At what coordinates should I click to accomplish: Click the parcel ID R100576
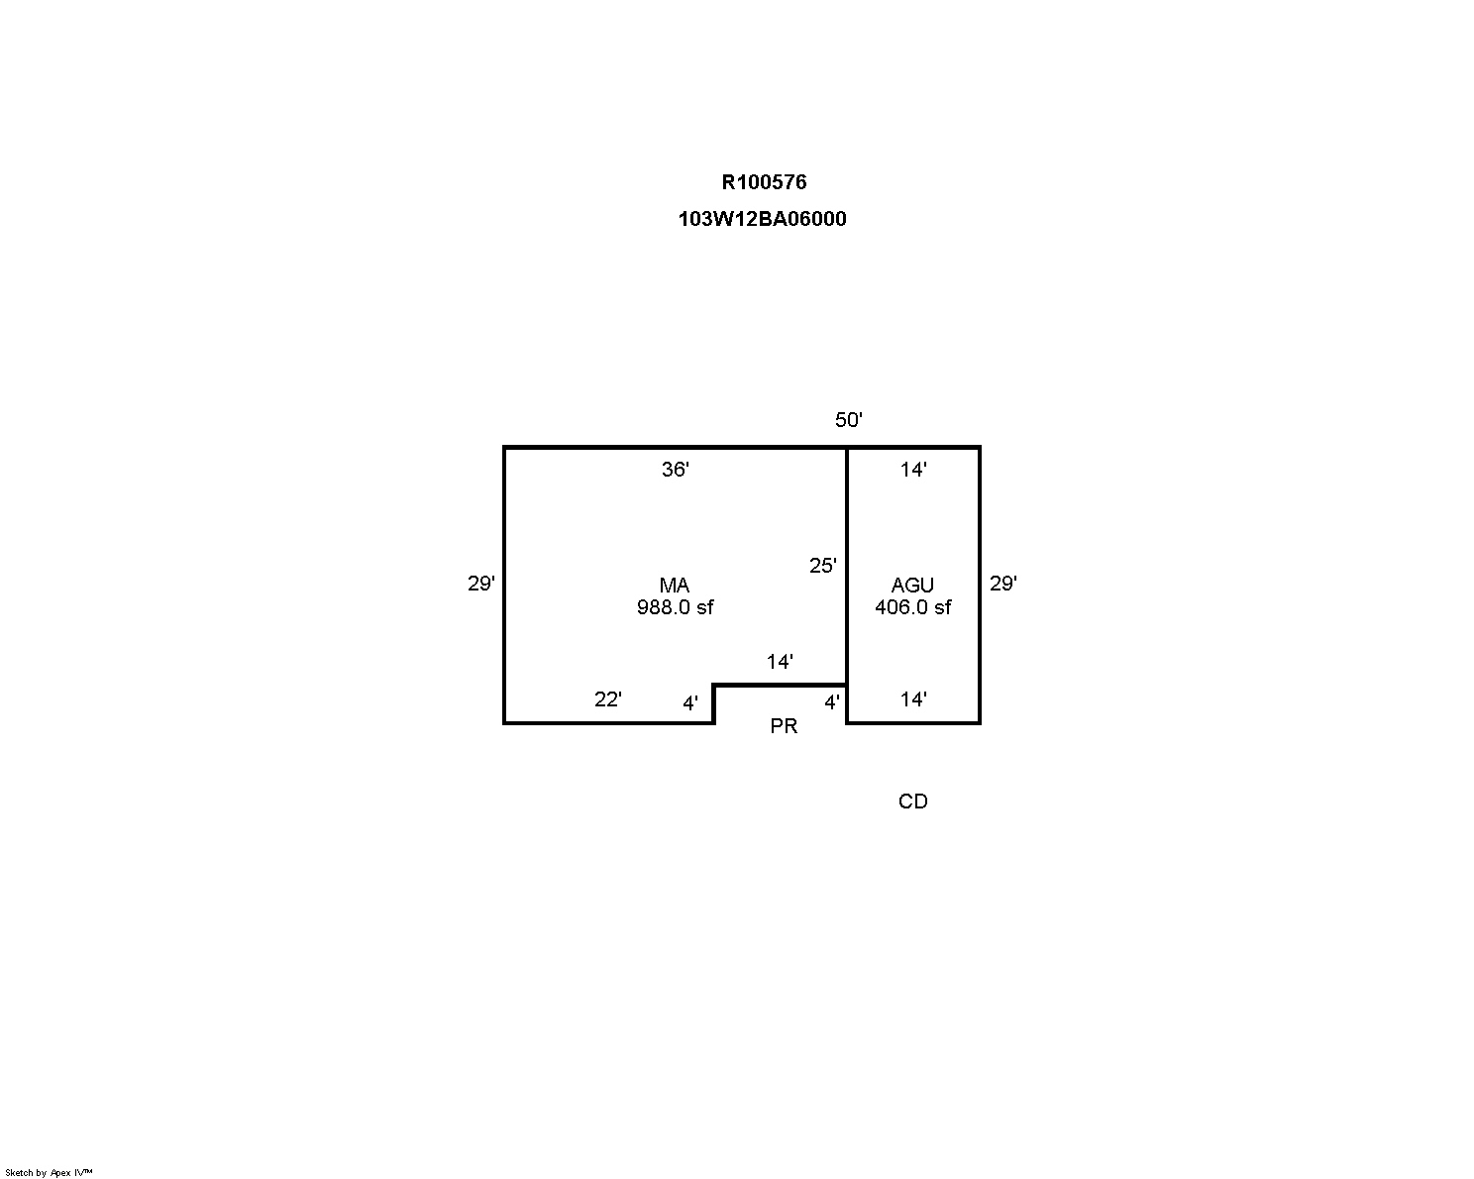764,182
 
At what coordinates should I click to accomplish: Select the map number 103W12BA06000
763,219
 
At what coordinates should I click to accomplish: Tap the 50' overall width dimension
849,420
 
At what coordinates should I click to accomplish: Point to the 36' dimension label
676,470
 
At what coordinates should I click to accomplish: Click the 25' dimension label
822,565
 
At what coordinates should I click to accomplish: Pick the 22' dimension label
608,699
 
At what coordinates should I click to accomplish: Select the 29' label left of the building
481,583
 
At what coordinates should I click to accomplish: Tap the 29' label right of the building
1003,583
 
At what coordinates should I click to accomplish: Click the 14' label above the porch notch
780,662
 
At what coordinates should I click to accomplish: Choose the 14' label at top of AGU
913,470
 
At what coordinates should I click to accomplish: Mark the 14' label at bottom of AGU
913,699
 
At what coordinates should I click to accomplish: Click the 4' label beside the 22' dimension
690,702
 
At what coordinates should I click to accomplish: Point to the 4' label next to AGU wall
832,702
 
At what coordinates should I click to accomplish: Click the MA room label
675,586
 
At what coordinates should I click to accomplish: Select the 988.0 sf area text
676,607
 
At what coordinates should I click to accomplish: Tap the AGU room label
913,586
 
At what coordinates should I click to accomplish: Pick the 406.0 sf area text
913,607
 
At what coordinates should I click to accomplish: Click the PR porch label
785,726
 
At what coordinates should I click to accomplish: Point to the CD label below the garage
913,802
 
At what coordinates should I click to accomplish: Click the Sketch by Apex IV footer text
49,1172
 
